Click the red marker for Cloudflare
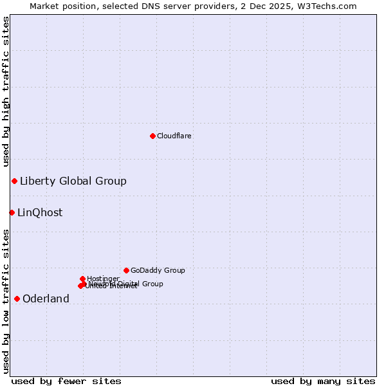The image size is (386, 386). [x=152, y=136]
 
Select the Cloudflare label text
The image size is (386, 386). [x=174, y=136]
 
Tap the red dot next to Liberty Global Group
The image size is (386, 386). [x=14, y=181]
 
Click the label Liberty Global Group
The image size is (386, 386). [x=73, y=181]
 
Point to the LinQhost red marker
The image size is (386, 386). [x=12, y=212]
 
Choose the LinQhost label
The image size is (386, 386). [x=40, y=213]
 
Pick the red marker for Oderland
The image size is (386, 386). [x=17, y=299]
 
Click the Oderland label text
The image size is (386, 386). [x=46, y=299]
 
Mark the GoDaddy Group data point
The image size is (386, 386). [x=126, y=270]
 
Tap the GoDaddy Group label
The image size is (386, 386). [x=158, y=271]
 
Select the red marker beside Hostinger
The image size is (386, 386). [x=82, y=279]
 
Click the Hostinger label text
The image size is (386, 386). [x=103, y=279]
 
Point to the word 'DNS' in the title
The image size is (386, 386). [x=150, y=6]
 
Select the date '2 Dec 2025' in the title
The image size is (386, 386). [x=273, y=6]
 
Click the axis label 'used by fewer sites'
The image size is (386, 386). [x=66, y=381]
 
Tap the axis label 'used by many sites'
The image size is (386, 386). [x=323, y=381]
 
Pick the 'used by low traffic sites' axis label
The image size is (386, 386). [x=6, y=300]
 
